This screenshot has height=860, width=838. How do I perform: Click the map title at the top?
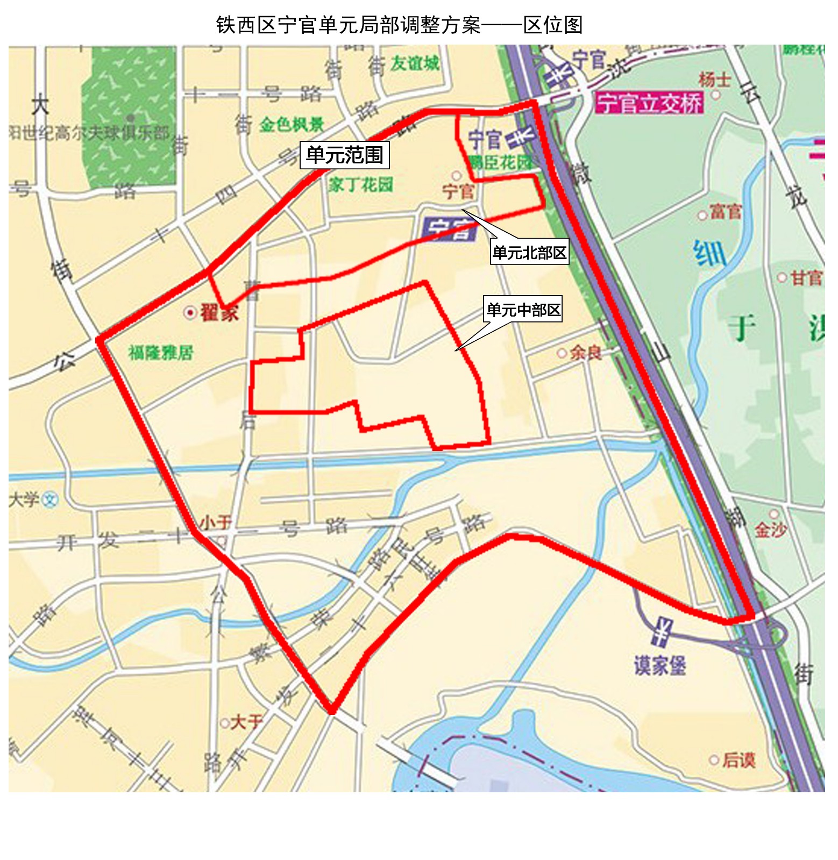tap(399, 25)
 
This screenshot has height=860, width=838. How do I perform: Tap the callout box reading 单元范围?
tap(344, 155)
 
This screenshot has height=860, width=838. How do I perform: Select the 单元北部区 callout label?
tap(529, 252)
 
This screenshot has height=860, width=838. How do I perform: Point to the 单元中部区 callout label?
tap(523, 309)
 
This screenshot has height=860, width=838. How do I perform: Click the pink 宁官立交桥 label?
tap(650, 103)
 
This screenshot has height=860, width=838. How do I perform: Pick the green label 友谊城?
tap(415, 63)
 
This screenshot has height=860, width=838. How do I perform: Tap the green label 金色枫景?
tap(292, 125)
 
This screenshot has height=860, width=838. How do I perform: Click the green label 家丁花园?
tap(361, 185)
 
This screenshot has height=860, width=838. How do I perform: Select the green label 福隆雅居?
tap(160, 353)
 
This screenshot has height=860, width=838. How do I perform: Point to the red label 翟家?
tap(219, 312)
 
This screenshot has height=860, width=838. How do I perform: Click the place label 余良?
tap(585, 353)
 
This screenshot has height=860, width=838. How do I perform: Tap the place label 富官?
tap(725, 212)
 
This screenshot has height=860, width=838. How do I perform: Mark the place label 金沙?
tap(770, 530)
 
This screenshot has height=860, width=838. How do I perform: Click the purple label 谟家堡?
tap(659, 666)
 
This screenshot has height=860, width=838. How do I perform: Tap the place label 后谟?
tap(738, 759)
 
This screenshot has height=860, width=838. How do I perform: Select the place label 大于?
tap(246, 722)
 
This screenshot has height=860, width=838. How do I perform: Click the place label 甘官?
tap(806, 278)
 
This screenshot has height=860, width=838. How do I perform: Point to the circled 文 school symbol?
tap(50, 500)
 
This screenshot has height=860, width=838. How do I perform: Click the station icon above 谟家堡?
tap(663, 631)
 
